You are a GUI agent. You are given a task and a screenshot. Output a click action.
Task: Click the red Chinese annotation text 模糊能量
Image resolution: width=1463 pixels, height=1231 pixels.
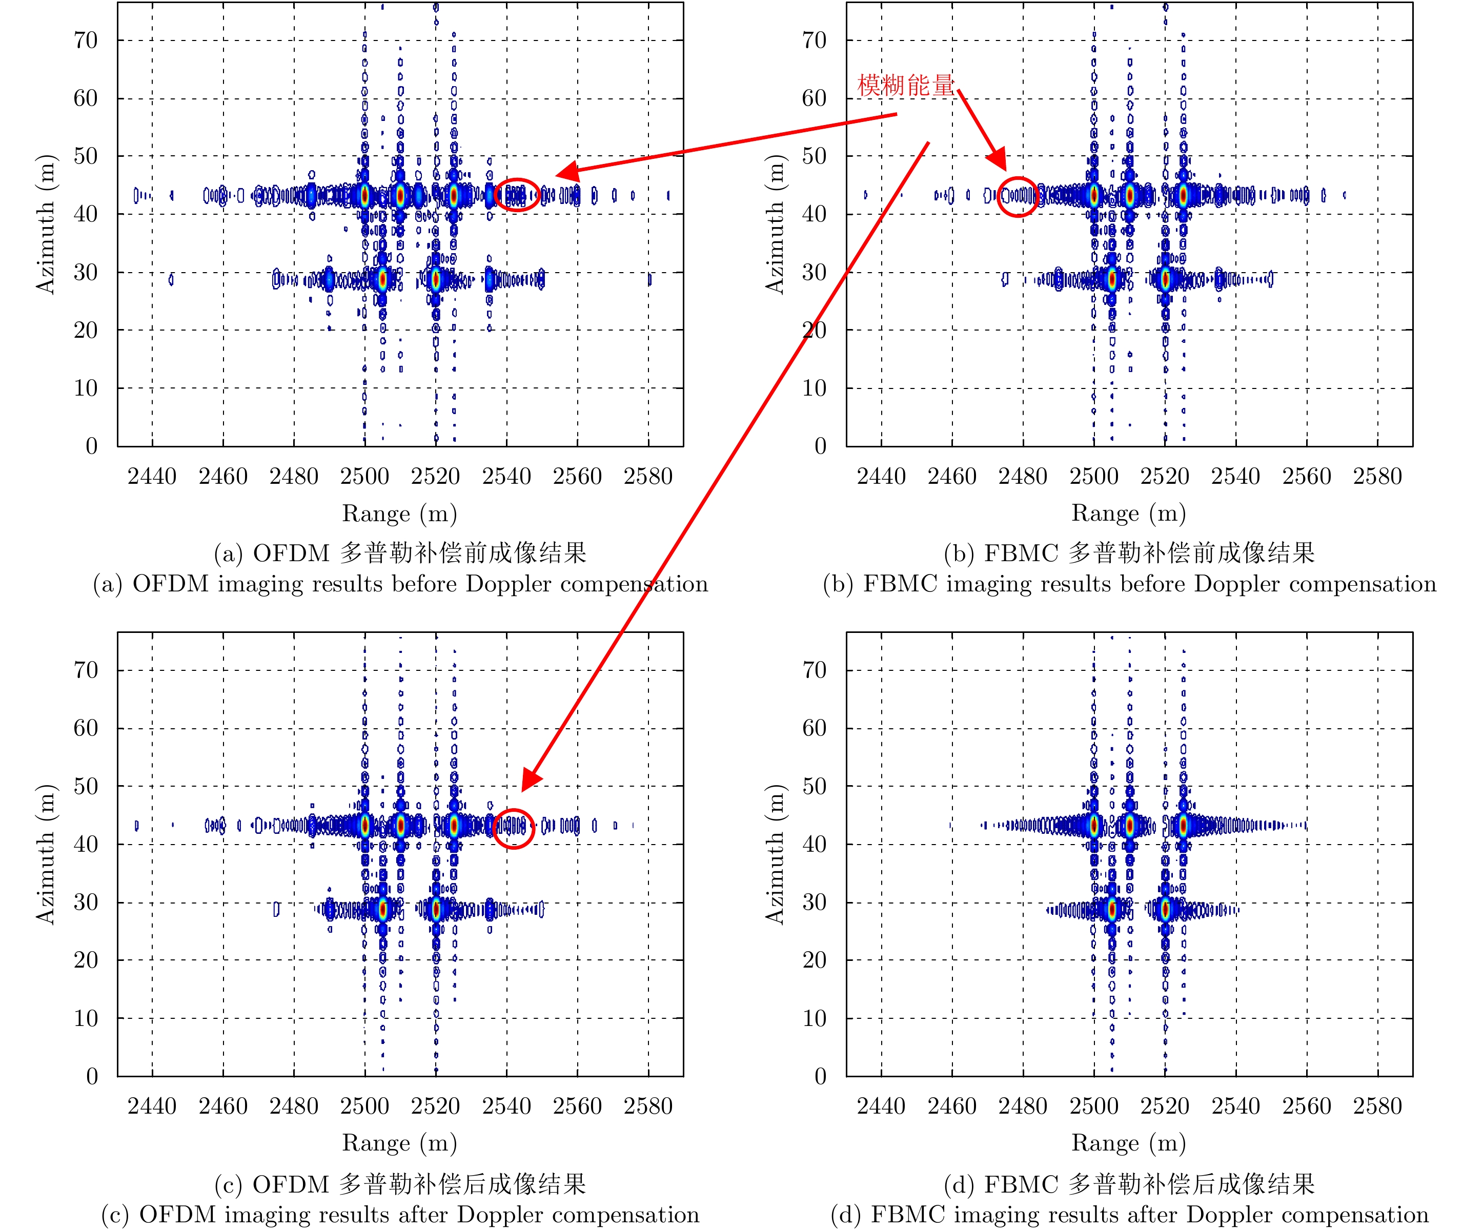click(905, 85)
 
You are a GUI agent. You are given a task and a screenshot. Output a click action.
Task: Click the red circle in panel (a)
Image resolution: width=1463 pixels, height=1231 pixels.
click(517, 195)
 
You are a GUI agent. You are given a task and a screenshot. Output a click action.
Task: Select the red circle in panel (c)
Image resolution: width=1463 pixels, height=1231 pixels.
click(514, 828)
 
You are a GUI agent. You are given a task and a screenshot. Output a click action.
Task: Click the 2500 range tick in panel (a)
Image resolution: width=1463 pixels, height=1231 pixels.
click(364, 477)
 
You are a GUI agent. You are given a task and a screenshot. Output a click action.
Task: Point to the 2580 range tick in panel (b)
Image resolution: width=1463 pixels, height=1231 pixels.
click(1377, 477)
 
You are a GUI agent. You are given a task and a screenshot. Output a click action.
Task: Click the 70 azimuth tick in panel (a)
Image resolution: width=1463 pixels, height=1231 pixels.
click(86, 40)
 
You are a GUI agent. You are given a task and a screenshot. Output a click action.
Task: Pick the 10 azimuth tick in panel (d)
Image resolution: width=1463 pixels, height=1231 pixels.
click(815, 1018)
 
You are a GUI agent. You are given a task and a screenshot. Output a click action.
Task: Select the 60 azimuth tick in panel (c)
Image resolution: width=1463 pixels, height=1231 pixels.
click(86, 728)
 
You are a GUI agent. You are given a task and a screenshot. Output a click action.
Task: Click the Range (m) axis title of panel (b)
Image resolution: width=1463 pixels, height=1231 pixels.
click(1129, 514)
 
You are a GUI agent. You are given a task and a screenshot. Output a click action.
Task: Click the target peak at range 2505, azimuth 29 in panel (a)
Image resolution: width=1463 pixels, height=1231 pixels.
click(382, 280)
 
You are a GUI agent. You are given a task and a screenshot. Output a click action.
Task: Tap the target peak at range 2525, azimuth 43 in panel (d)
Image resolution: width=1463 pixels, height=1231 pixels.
click(1183, 826)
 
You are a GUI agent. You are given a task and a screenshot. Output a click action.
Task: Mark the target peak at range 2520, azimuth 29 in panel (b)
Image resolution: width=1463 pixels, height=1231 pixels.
click(1165, 280)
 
